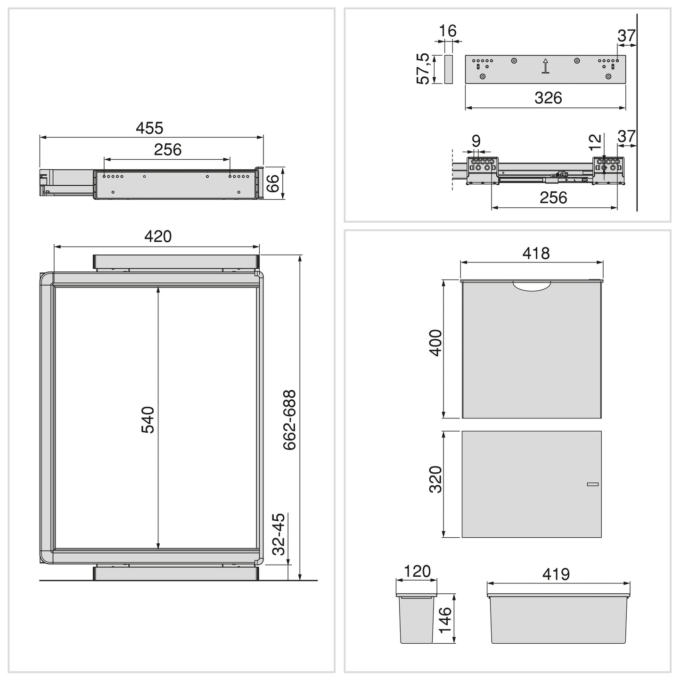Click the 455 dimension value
149,128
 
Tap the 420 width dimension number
158,236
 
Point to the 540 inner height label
148,419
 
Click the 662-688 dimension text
289,419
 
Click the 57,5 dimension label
423,69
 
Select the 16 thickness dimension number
448,31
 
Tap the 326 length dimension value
548,98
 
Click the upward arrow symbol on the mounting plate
546,66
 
